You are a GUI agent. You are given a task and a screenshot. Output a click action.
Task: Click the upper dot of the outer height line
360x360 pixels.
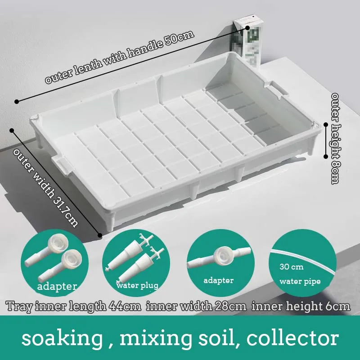pos(326,125)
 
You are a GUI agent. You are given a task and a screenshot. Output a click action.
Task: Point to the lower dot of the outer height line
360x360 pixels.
pos(326,157)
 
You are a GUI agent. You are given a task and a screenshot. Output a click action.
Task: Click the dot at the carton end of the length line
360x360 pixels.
pos(248,27)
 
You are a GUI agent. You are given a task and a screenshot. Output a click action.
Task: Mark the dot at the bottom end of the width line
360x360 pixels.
pos(99,235)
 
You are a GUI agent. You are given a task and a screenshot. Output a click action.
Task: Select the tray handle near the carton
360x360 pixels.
pos(279,90)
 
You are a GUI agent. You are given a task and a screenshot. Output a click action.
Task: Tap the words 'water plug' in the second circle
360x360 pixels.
pos(137,286)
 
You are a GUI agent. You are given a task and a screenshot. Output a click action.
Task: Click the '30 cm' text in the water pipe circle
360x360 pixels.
pos(291,267)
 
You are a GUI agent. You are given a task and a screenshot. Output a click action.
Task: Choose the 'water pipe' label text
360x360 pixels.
pos(300,282)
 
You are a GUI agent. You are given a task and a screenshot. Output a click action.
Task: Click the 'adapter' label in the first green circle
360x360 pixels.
pos(57,286)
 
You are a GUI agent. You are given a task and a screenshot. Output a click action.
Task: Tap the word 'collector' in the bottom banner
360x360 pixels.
pos(293,338)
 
